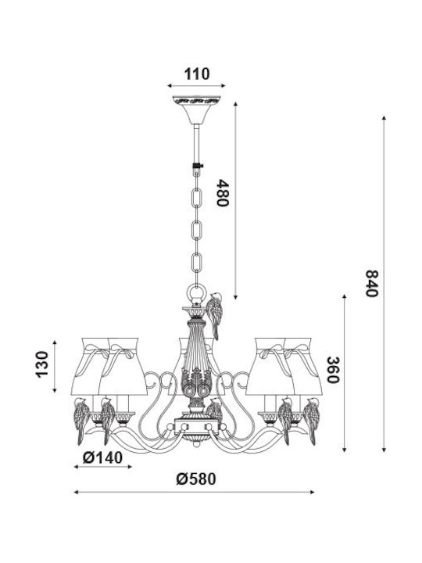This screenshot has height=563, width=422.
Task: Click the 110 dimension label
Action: coord(197,74)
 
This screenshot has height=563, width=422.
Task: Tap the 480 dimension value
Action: coord(223,193)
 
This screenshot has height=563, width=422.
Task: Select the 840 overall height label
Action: coord(372,283)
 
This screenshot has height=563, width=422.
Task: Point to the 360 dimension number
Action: coord(333,370)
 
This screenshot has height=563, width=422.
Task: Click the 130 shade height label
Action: coord(41,364)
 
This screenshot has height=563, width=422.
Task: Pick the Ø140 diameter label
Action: coord(102,457)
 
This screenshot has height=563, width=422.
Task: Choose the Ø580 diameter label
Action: coord(196,479)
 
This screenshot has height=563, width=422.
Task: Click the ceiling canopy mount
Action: coord(196,110)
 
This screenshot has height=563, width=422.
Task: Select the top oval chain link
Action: coord(197,198)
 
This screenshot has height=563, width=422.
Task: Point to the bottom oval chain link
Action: coord(197,263)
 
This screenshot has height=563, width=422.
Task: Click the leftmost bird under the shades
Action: coord(81,420)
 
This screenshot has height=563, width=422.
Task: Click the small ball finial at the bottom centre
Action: coord(196,444)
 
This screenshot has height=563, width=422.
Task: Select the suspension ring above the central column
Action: coord(197,292)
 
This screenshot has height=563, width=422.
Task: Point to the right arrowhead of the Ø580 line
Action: coord(312,492)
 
